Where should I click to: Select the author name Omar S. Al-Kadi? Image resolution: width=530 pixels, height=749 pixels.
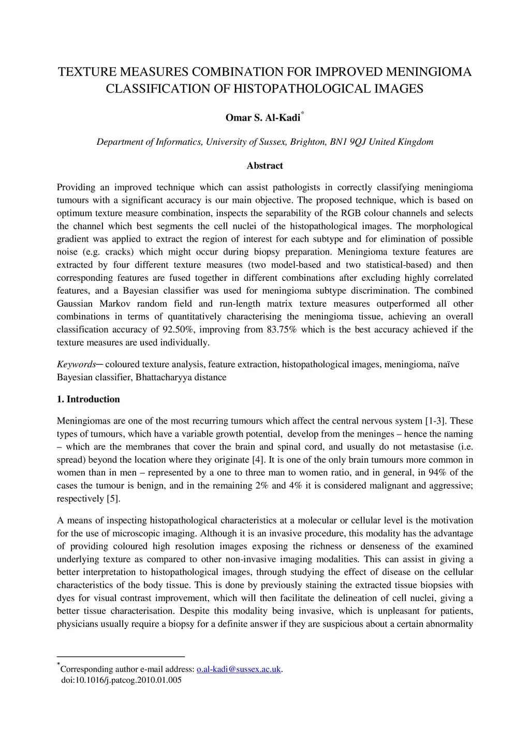[x=262, y=118]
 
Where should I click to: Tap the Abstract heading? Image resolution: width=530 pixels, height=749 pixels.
[x=264, y=166]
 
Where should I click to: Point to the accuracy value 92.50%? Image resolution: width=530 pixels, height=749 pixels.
[x=179, y=329]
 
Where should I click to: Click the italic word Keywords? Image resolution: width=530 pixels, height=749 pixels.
[x=76, y=364]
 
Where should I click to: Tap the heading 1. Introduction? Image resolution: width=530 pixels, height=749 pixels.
[x=88, y=399]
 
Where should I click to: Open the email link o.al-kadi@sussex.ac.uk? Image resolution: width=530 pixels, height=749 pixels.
[x=239, y=669]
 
